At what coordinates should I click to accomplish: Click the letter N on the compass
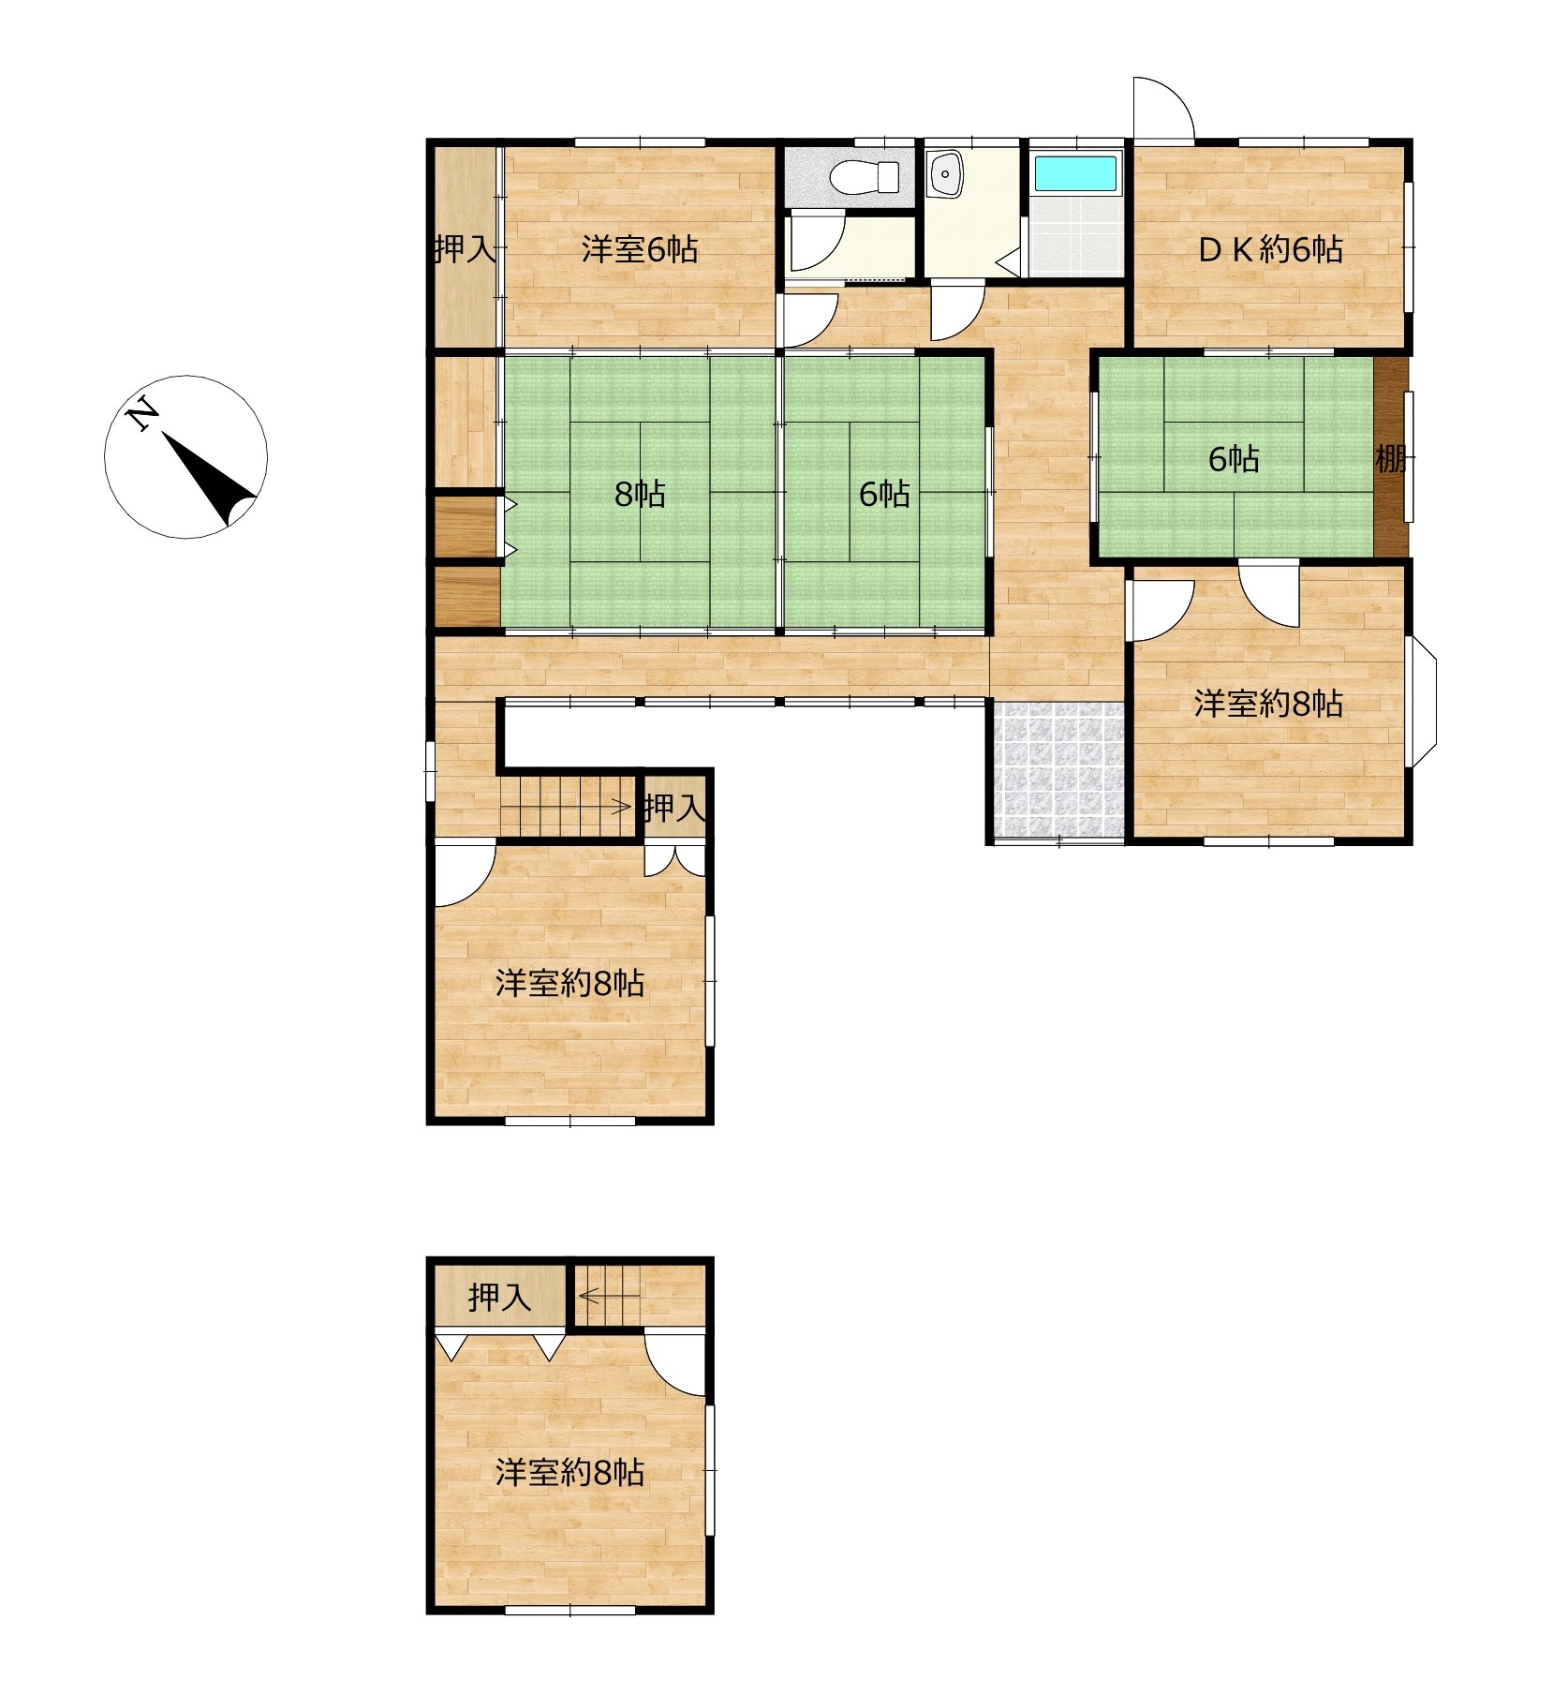(141, 413)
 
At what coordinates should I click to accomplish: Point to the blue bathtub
(1075, 173)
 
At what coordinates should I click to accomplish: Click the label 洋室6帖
(640, 250)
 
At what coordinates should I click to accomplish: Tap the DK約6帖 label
(1271, 249)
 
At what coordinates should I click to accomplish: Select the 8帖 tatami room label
(640, 494)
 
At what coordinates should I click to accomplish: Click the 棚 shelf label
(1390, 460)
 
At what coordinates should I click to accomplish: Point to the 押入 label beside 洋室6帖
(466, 249)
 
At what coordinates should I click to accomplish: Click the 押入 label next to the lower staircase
(674, 808)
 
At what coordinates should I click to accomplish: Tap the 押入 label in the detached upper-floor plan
(499, 1298)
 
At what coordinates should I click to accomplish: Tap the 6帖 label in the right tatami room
(1234, 460)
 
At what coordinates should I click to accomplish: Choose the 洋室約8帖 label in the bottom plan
(569, 1472)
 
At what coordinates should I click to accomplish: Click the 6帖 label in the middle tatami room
(884, 494)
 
